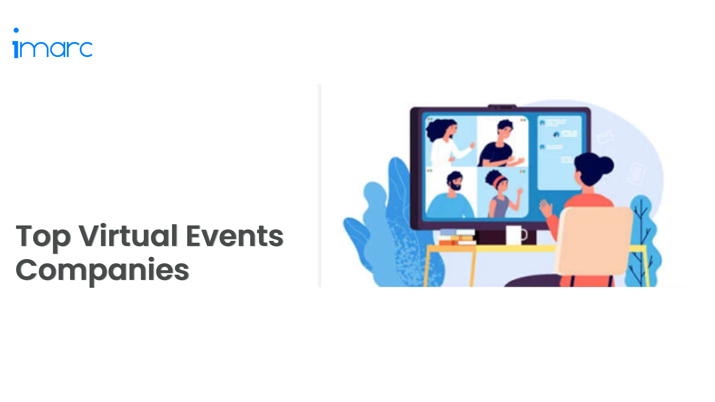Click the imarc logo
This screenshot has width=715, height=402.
(53, 48)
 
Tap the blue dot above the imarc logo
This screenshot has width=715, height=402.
(16, 30)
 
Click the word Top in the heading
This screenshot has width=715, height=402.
(43, 236)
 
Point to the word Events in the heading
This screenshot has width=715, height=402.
(235, 236)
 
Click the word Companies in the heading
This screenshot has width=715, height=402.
(102, 270)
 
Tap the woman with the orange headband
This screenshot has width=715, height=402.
(501, 194)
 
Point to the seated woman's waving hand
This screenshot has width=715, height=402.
(546, 208)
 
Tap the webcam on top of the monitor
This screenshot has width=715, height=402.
(502, 106)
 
